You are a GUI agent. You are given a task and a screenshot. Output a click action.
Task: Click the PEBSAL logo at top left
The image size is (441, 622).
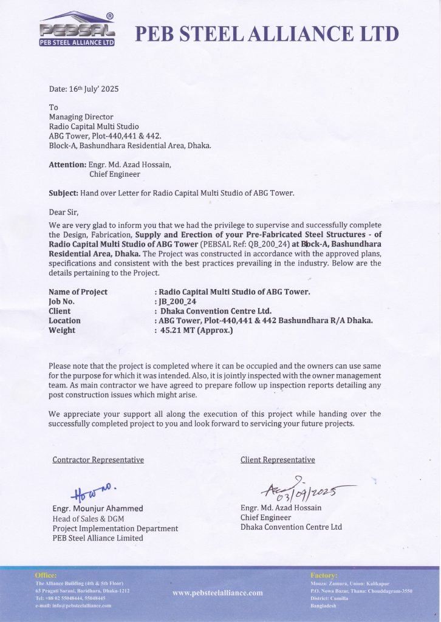tap(76, 31)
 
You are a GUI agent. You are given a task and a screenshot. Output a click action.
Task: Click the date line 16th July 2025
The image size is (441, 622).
tap(84, 89)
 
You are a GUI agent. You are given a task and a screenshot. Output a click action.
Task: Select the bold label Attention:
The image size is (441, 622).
tap(67, 165)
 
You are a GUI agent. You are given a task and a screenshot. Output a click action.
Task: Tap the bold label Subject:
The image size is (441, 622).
tap(63, 193)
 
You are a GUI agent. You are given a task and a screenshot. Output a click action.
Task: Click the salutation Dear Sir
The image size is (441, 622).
tap(64, 212)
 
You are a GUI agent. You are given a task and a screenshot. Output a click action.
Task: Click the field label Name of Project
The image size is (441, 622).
tap(78, 292)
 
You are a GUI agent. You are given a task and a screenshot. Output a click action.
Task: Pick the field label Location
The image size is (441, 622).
tap(64, 321)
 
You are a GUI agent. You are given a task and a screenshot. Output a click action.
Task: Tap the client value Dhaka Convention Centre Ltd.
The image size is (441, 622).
tap(216, 311)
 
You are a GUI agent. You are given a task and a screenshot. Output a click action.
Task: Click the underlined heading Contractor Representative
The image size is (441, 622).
tap(98, 460)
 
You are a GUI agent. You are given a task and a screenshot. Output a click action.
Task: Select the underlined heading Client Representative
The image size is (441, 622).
tap(278, 460)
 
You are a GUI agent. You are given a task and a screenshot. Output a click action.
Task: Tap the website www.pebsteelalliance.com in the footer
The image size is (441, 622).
tap(217, 592)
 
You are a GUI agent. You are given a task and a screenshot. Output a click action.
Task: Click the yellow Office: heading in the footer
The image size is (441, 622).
tap(46, 575)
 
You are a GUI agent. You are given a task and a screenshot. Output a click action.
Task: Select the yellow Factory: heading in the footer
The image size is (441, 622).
tap(324, 575)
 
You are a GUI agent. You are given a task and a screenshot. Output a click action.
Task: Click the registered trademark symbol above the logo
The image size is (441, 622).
tap(109, 16)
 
